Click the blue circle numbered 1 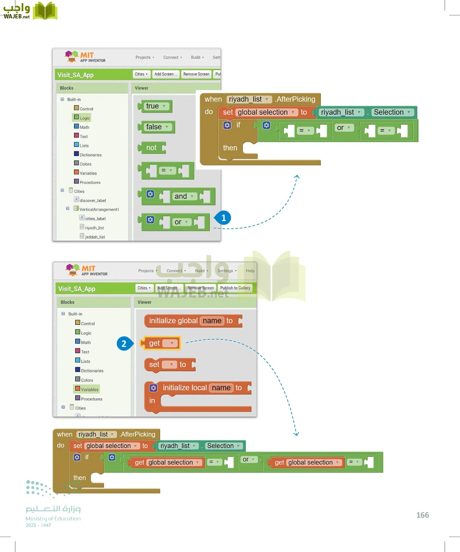click(224, 218)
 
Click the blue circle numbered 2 click(124, 343)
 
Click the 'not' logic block click(151, 148)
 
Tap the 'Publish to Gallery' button click(235, 288)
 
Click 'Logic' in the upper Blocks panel click(85, 118)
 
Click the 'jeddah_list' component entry click(95, 237)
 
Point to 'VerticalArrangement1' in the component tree click(99, 209)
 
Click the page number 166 click(422, 515)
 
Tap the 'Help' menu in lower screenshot click(250, 271)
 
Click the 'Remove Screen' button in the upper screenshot click(196, 74)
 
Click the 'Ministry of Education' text click(53, 519)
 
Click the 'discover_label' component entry click(93, 201)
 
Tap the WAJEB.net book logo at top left click(45, 11)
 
